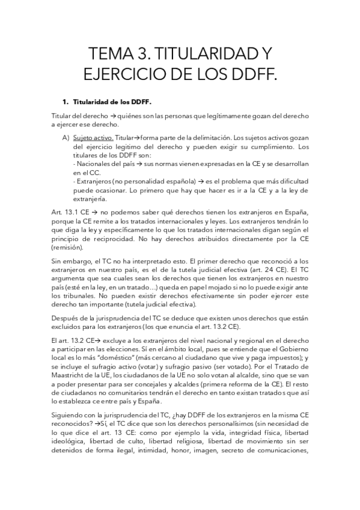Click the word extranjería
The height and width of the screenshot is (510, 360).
click(90, 198)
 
